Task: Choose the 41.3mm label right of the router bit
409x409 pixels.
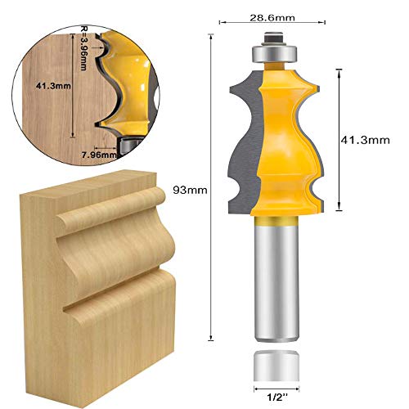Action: click(363, 141)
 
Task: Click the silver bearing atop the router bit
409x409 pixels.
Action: click(272, 52)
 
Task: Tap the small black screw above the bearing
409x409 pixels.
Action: click(272, 34)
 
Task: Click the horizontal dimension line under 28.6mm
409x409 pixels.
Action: click(274, 25)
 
